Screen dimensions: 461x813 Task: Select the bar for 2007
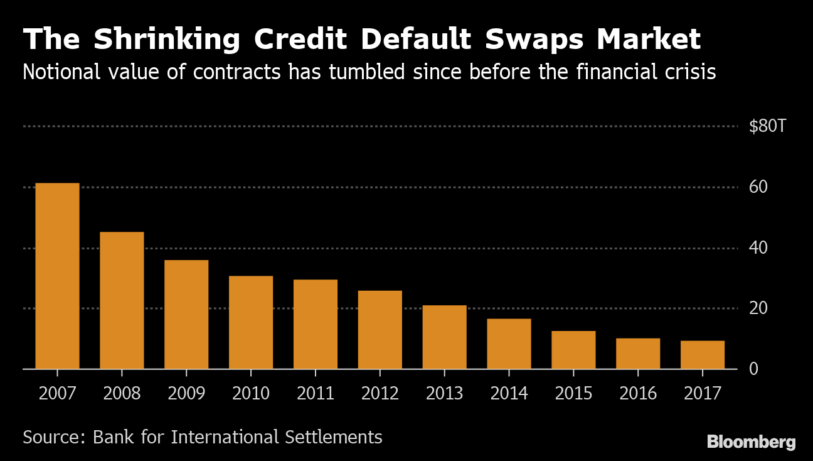point(57,276)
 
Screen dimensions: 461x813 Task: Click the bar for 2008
point(122,300)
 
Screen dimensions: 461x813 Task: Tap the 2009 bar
point(186,314)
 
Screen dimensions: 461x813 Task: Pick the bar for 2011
point(316,324)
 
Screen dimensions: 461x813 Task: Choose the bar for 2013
point(444,337)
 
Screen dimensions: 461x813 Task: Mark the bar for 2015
point(573,350)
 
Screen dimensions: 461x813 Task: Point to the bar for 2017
point(703,355)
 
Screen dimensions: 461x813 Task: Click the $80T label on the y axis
point(767,127)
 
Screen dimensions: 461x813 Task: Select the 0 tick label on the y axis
point(754,369)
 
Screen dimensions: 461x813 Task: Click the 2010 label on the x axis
point(251,394)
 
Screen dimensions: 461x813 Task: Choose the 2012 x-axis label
point(380,394)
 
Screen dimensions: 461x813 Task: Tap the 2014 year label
point(509,394)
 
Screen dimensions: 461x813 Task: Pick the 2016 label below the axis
point(638,394)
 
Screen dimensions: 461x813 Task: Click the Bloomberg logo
point(751,442)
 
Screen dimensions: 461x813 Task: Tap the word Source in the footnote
point(52,437)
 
